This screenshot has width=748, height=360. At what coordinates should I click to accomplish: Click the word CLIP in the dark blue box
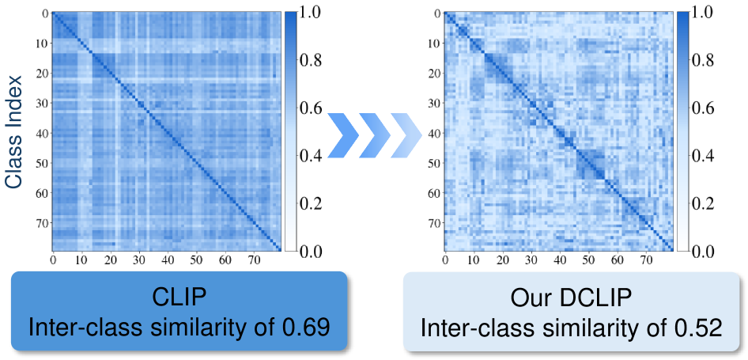179,298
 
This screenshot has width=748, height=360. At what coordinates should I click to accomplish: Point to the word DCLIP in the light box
603,298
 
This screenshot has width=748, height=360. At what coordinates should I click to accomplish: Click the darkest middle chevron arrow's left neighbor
344,135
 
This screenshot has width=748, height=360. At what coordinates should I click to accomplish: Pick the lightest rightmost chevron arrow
406,135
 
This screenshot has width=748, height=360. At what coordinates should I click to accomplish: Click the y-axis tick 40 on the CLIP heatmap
42,133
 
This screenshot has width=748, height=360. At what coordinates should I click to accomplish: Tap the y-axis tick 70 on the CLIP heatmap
42,222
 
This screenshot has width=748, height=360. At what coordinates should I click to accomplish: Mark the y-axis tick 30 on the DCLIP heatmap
434,104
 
